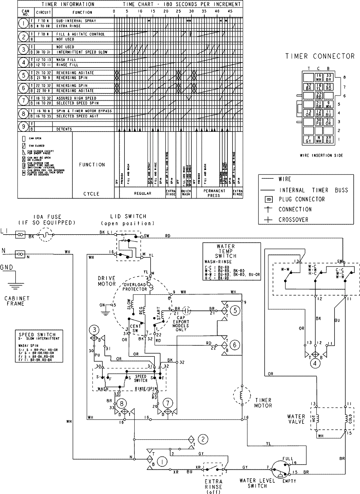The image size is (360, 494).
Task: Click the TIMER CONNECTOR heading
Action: [320, 56]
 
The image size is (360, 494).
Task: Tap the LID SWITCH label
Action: [128, 216]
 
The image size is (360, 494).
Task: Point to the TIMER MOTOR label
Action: [263, 403]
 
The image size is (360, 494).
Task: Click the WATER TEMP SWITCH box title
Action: [226, 251]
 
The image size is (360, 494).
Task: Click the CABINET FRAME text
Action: [17, 301]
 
